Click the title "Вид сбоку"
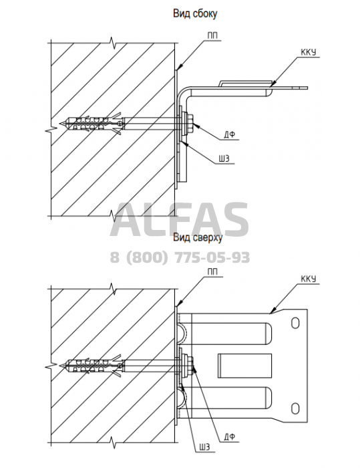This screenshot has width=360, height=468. [x=195, y=13]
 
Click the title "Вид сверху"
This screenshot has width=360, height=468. [x=198, y=237]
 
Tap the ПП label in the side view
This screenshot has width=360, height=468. [x=212, y=35]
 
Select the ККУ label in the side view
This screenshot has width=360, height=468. [x=308, y=52]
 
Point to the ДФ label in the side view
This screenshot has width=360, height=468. [x=230, y=135]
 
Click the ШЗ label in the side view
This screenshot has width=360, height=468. [x=223, y=158]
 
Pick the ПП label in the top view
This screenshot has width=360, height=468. [x=212, y=271]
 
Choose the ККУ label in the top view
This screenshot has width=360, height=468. [x=308, y=279]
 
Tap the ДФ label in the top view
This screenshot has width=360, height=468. [x=230, y=437]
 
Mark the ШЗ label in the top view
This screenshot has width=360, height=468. [x=204, y=447]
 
